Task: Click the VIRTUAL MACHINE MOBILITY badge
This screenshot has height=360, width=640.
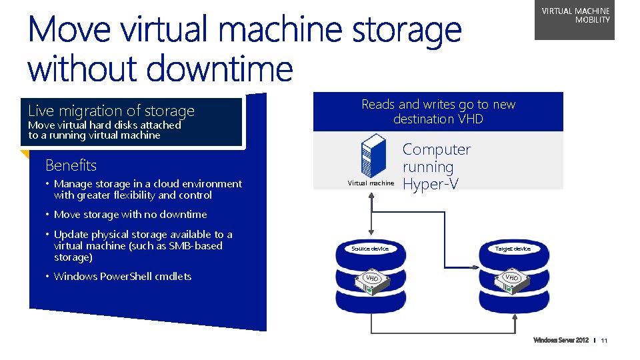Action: click(x=575, y=19)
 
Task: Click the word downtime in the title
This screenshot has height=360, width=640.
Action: click(x=227, y=69)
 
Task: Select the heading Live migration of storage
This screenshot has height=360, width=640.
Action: click(x=111, y=111)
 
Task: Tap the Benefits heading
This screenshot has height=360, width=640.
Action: click(x=71, y=165)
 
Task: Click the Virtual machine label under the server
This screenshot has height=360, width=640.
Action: click(x=371, y=183)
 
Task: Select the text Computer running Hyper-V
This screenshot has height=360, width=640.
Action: click(x=436, y=167)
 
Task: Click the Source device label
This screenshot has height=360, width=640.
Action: click(x=370, y=249)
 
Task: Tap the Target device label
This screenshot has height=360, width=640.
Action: click(x=513, y=249)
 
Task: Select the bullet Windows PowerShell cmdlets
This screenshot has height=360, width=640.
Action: click(x=123, y=277)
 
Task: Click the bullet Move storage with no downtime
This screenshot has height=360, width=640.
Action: click(x=130, y=215)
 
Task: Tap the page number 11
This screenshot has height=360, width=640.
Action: click(x=604, y=341)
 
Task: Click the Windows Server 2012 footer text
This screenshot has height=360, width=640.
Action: click(x=561, y=341)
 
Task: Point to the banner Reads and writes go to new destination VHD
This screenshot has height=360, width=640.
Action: click(x=438, y=111)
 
